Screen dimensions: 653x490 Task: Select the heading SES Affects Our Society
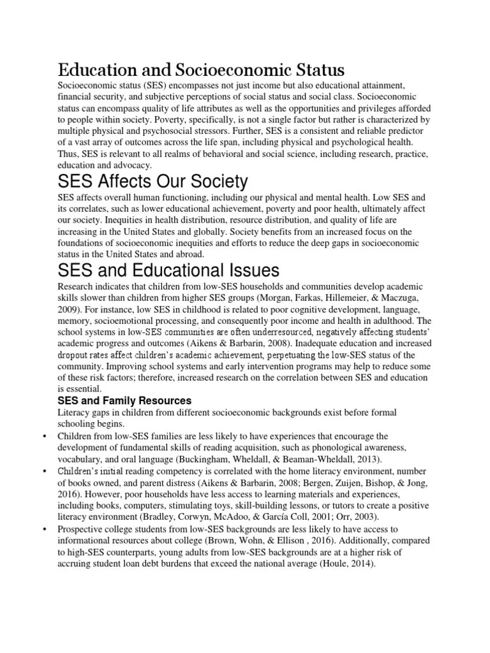(x=153, y=182)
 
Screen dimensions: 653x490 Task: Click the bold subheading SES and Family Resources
(x=124, y=401)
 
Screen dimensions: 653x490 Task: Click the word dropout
(x=75, y=355)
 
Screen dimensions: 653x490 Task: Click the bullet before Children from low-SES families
(x=43, y=436)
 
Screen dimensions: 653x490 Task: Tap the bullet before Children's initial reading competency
(x=43, y=471)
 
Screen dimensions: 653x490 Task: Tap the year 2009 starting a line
(x=69, y=310)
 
